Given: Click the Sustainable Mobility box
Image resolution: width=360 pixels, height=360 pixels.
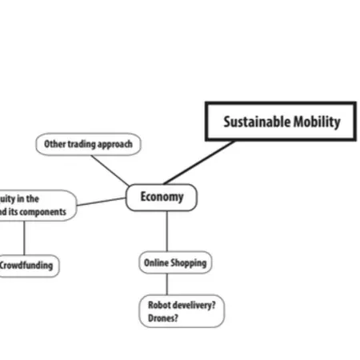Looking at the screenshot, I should pos(281,122).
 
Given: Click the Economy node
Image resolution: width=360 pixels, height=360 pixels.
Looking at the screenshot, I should pos(162,197).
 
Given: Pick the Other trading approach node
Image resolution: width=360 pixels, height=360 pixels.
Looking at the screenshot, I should pos(88,145).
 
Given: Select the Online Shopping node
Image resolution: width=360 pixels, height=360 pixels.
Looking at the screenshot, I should pos(174,262).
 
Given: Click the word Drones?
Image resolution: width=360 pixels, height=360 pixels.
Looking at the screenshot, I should pos(163,318).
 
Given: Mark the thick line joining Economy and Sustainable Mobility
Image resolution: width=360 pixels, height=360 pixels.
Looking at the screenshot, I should pos(200,162).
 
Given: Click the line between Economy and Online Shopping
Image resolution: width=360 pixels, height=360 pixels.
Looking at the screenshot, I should pos(166,231).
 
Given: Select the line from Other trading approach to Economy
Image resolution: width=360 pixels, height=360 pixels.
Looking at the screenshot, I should pos(110,170).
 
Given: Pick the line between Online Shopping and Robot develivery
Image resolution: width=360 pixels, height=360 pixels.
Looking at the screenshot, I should pos(166,283).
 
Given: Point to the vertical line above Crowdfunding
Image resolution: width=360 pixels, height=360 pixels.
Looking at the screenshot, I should pos(24,238).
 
